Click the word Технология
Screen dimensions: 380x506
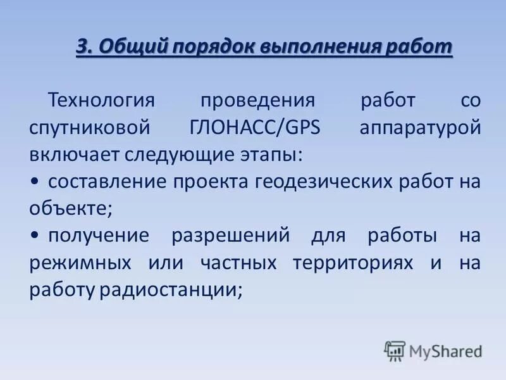click(x=102, y=100)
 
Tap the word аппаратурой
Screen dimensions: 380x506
click(x=421, y=127)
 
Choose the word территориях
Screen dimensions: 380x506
click(x=355, y=263)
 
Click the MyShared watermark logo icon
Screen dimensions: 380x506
click(x=395, y=350)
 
